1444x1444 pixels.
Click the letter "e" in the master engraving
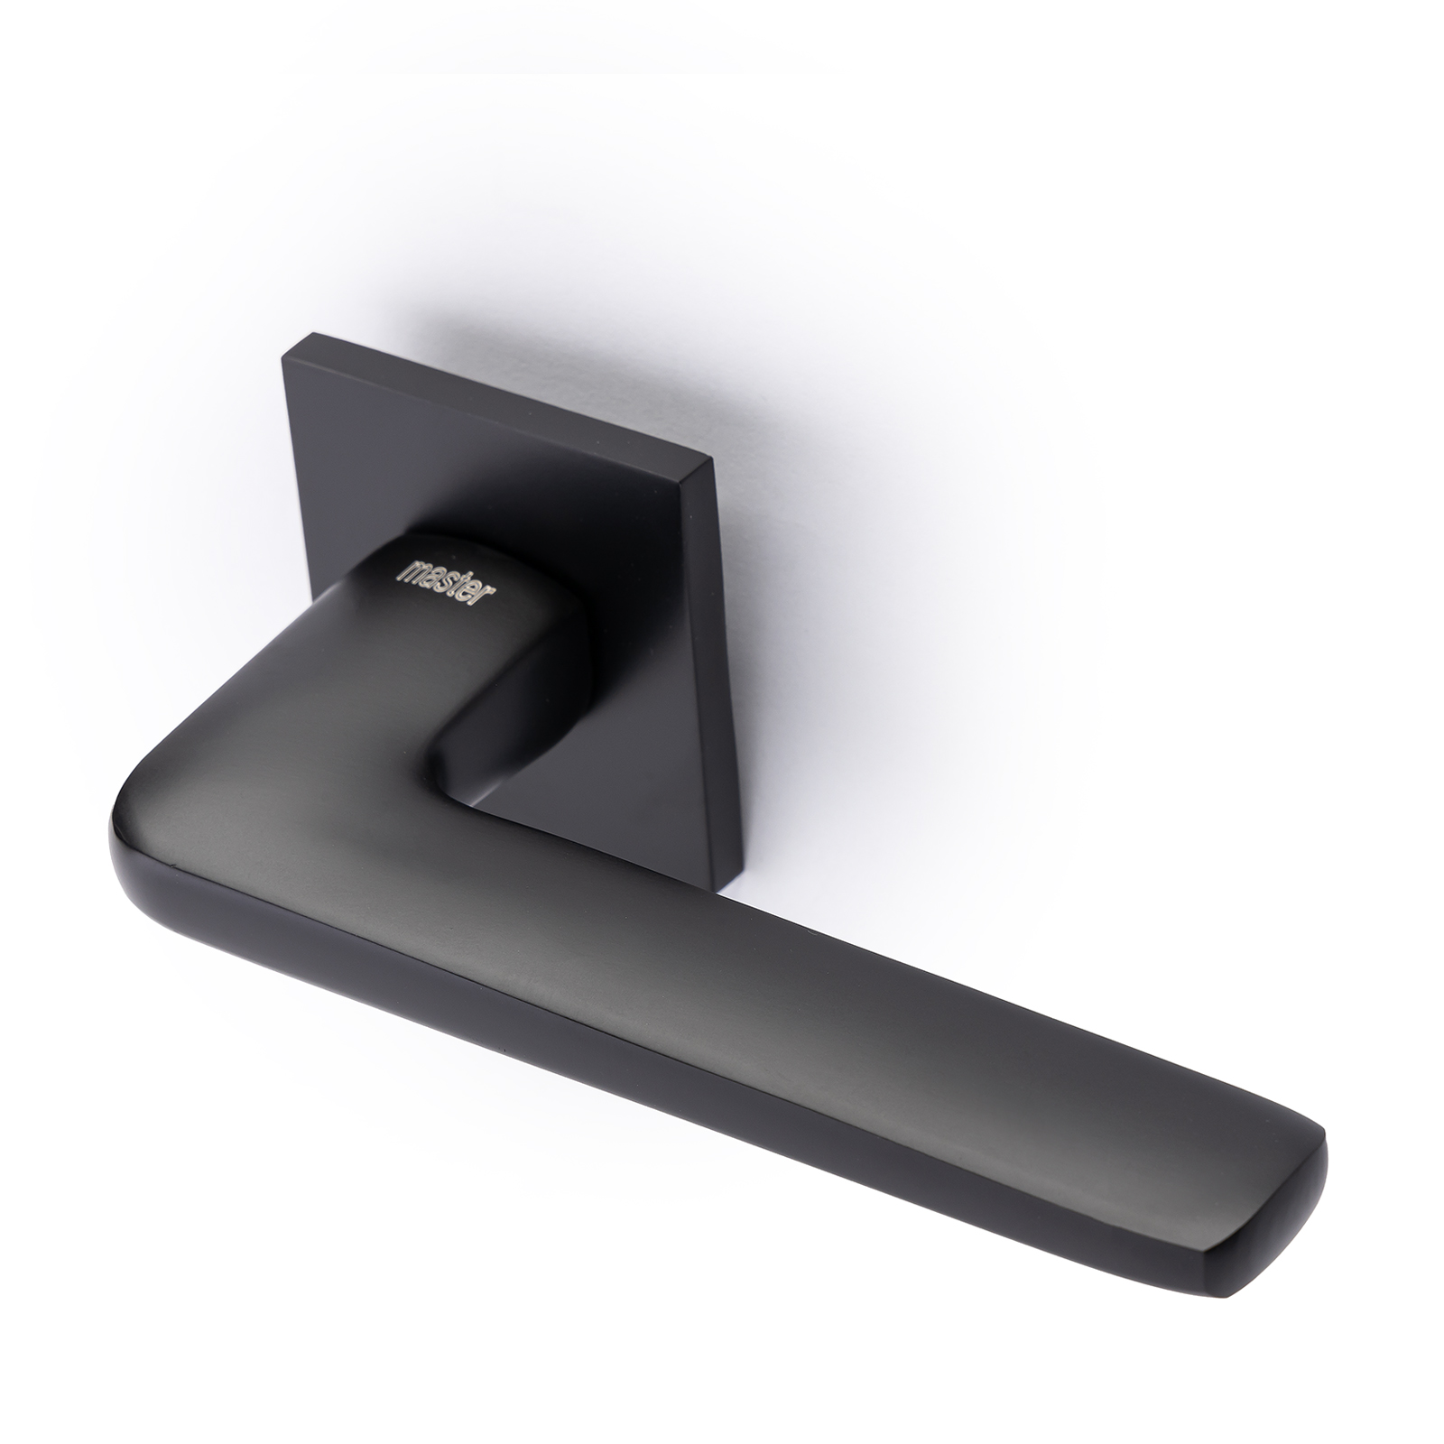[x=486, y=593]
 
